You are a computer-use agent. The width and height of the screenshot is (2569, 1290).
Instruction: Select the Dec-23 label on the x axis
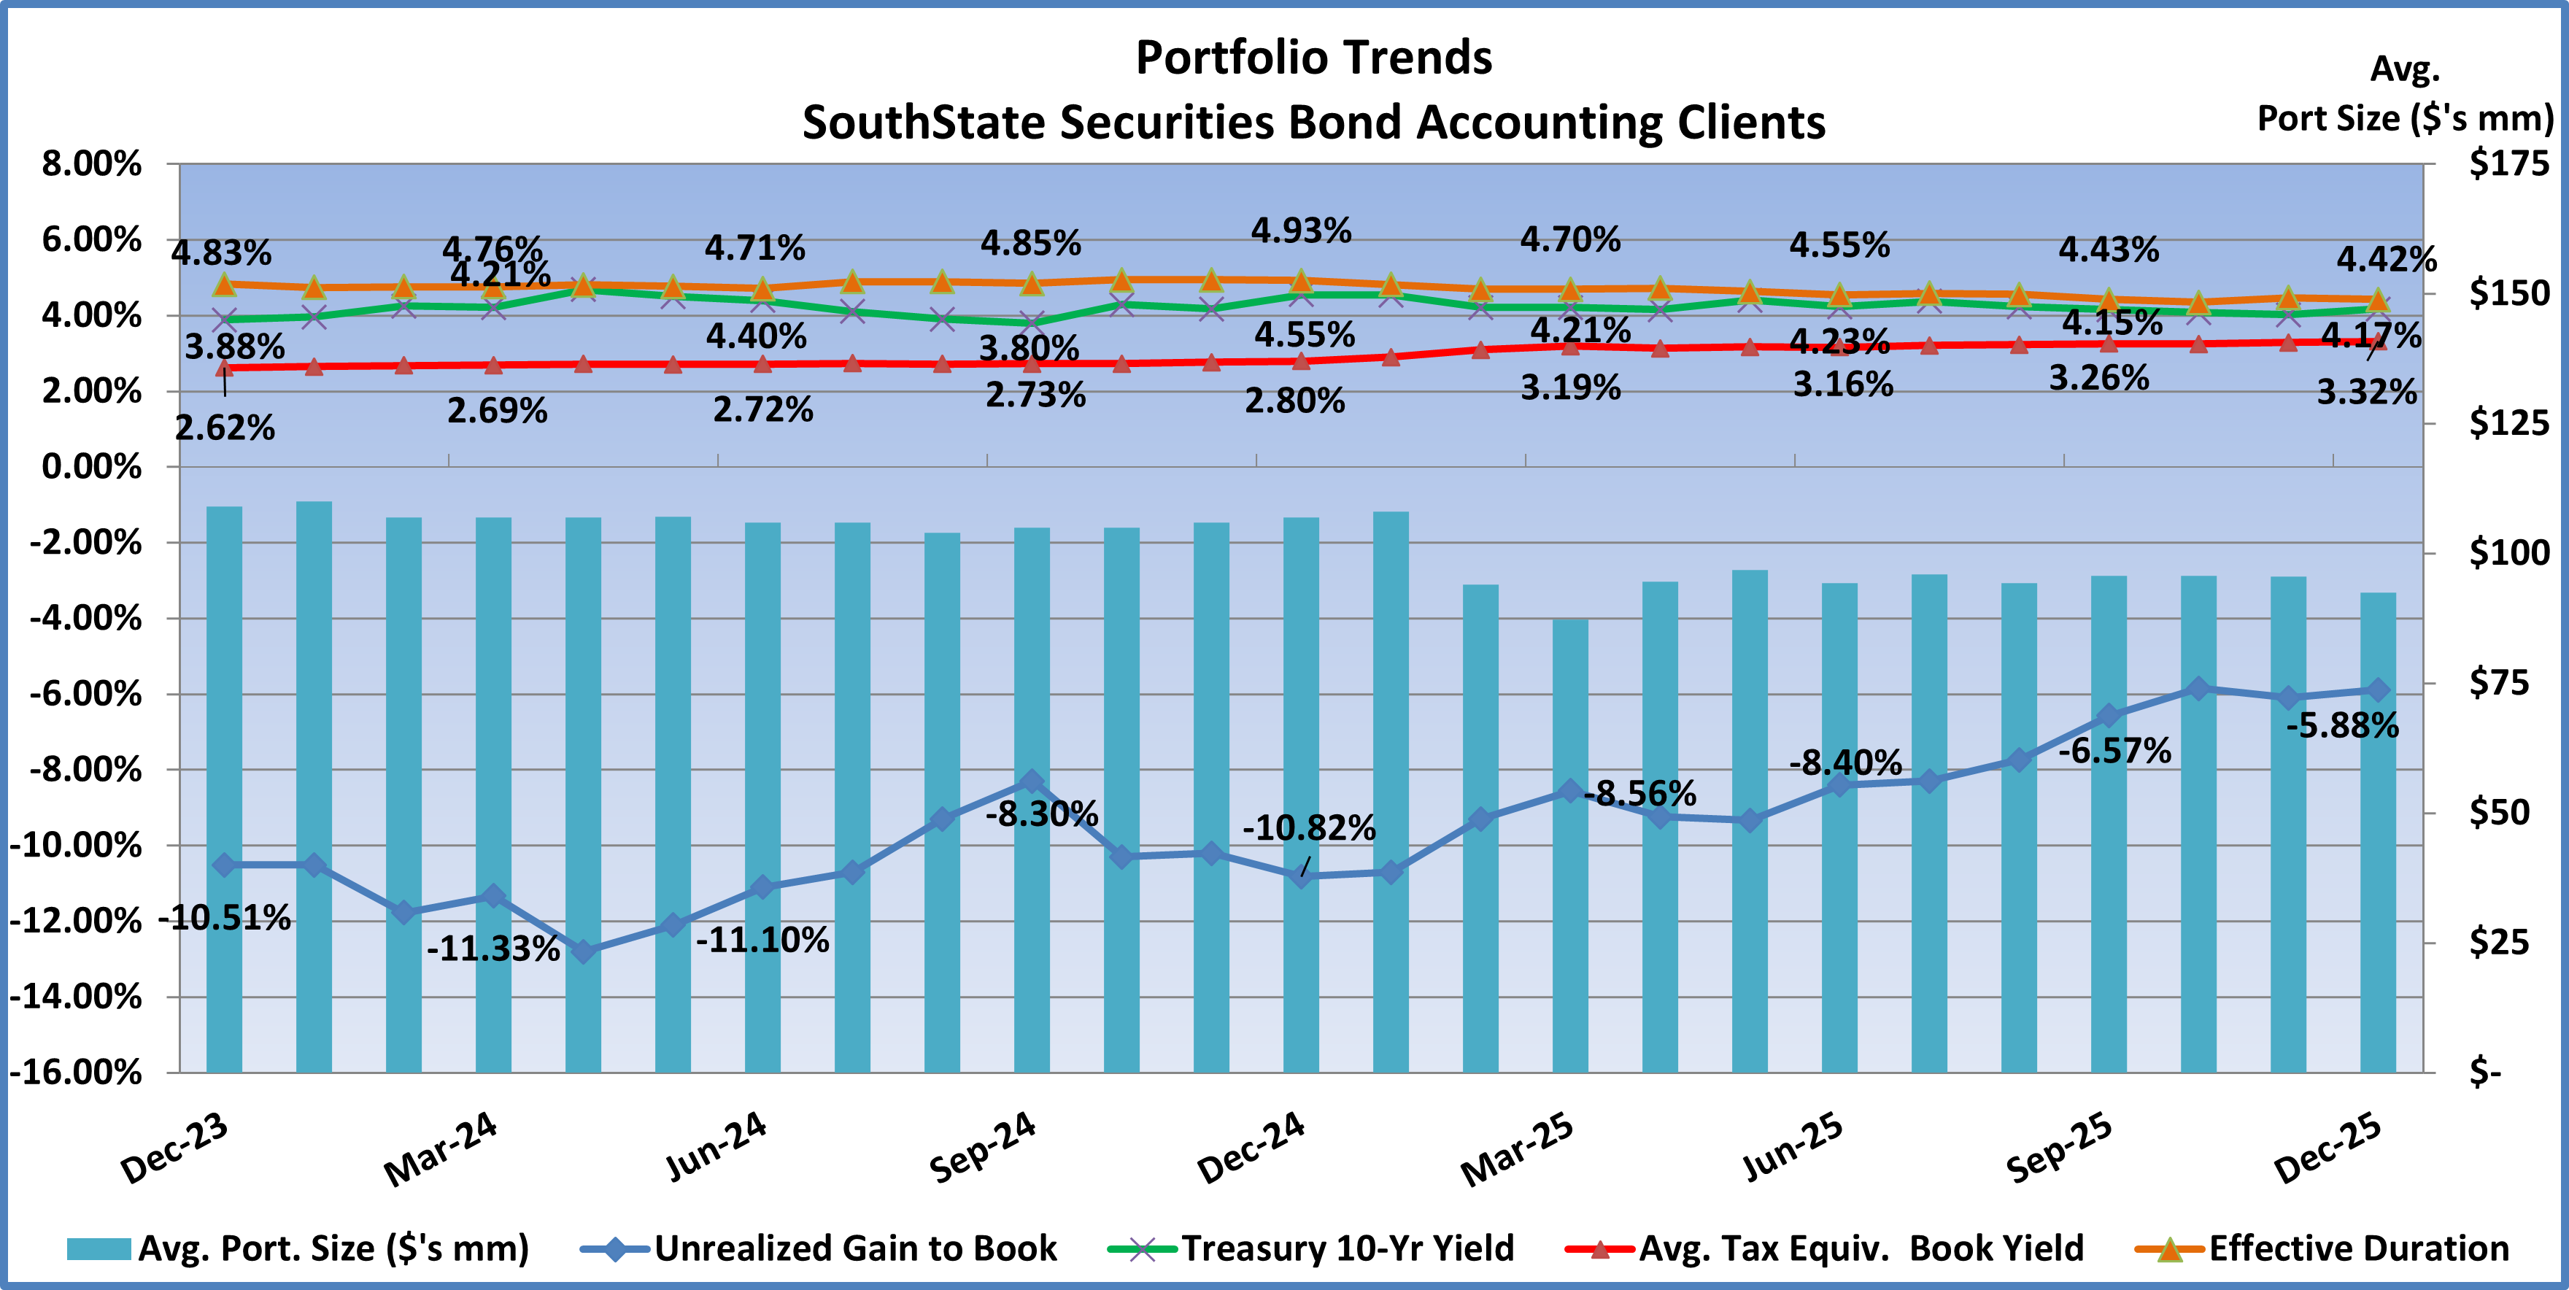pos(174,1148)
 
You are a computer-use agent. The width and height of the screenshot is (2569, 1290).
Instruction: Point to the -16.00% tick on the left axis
pos(76,1073)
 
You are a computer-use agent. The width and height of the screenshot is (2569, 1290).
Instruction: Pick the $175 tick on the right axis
pos(2508,163)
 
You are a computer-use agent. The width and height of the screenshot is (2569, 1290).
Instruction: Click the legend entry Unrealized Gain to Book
pos(854,1248)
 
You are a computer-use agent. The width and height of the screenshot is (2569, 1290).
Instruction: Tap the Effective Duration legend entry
pos(2359,1248)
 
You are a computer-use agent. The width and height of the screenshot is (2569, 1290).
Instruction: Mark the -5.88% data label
pos(2341,726)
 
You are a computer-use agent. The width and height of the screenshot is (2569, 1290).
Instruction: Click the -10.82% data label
pos(1308,828)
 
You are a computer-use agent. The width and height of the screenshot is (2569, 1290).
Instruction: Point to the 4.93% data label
pos(1302,231)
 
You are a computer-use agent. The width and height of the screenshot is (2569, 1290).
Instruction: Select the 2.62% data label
pos(225,428)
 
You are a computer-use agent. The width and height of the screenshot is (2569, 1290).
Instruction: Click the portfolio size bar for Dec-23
pos(225,788)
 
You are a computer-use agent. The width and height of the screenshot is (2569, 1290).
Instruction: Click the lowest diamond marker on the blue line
pos(584,951)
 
